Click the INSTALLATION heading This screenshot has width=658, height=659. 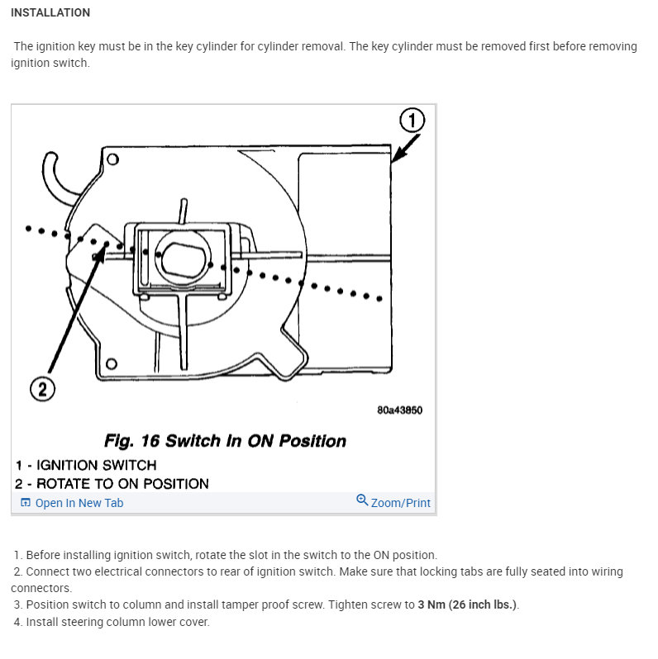tap(50, 13)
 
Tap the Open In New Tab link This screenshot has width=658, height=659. tap(79, 503)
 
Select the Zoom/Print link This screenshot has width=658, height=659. tap(400, 503)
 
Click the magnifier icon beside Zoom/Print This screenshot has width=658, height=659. tap(361, 500)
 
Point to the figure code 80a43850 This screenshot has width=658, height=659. tap(399, 410)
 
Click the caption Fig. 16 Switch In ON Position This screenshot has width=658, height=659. tap(225, 441)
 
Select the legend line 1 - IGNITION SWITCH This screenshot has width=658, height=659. tap(85, 465)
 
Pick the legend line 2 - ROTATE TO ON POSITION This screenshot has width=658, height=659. tap(112, 484)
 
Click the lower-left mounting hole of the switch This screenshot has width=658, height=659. tap(112, 363)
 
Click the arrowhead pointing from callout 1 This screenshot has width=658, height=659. tap(395, 158)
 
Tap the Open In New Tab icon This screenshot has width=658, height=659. tap(25, 503)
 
